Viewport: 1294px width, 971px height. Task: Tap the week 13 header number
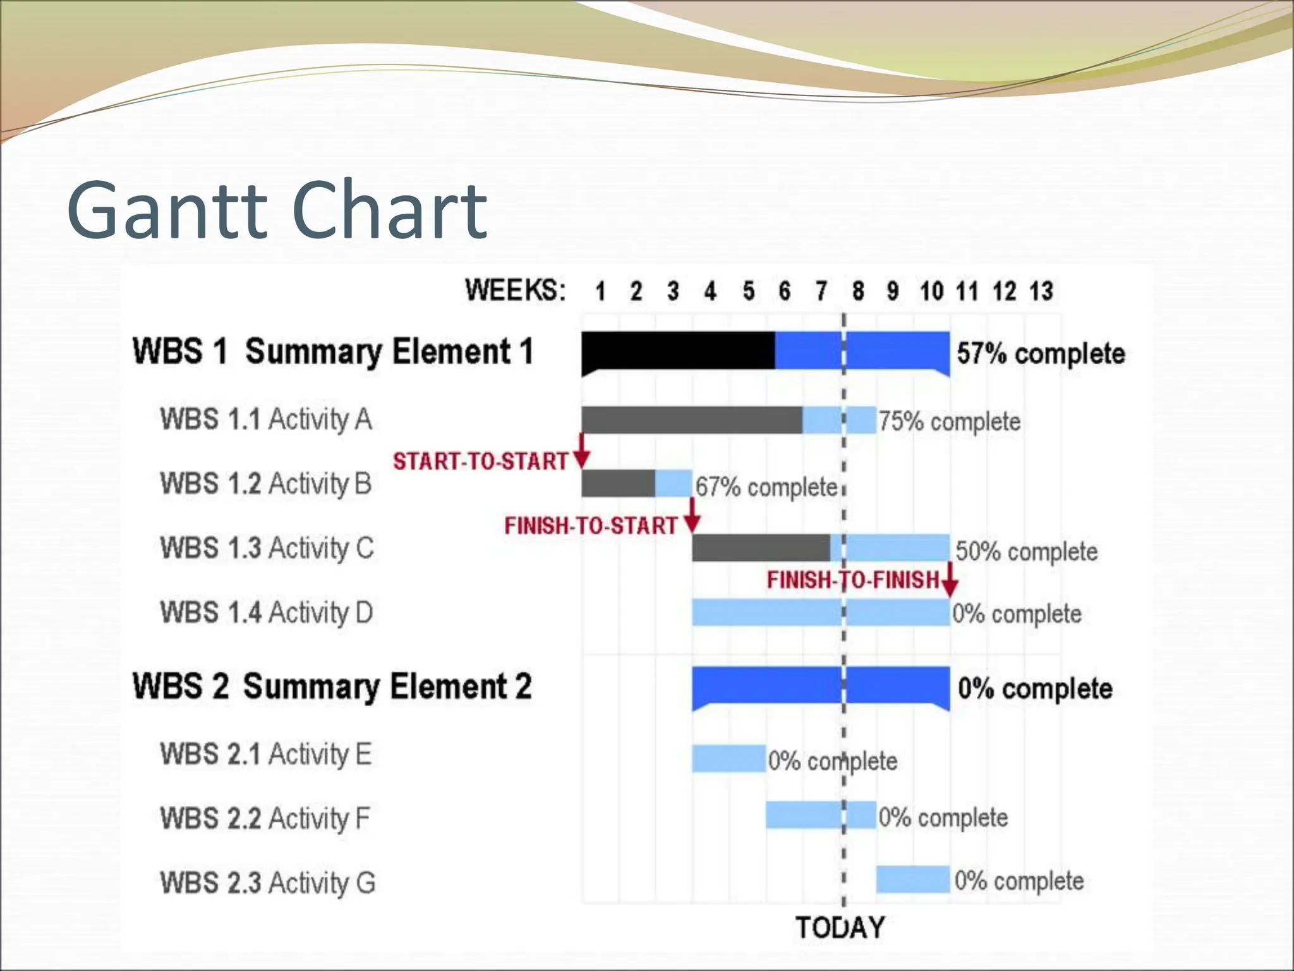pyautogui.click(x=1041, y=291)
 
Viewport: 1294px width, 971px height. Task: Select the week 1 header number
pyautogui.click(x=600, y=291)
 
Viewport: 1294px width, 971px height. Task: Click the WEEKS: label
pyautogui.click(x=515, y=290)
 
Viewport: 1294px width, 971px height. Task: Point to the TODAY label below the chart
pyautogui.click(x=840, y=927)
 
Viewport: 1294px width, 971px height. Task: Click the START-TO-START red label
pyautogui.click(x=480, y=461)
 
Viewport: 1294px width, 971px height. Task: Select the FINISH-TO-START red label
pyautogui.click(x=590, y=525)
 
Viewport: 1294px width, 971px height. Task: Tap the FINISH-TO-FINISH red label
pyautogui.click(x=853, y=580)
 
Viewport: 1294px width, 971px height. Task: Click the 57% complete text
pyautogui.click(x=1041, y=353)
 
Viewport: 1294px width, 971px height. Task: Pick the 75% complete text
pyautogui.click(x=949, y=422)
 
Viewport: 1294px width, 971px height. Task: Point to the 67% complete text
pyautogui.click(x=766, y=487)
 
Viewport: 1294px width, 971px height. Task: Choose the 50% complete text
pyautogui.click(x=1026, y=551)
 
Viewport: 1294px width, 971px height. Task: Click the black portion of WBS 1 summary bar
pyautogui.click(x=677, y=350)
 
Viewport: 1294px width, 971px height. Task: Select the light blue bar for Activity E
pyautogui.click(x=729, y=758)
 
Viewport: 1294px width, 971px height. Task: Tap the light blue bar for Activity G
pyautogui.click(x=912, y=879)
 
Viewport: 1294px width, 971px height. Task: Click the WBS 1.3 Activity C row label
pyautogui.click(x=267, y=548)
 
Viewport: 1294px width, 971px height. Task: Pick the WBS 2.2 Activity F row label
pyautogui.click(x=264, y=818)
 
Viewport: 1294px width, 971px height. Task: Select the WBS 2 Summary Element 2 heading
pyautogui.click(x=332, y=687)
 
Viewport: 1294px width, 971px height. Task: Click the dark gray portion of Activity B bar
pyautogui.click(x=618, y=484)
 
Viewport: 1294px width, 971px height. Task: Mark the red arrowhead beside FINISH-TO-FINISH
pyautogui.click(x=949, y=587)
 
